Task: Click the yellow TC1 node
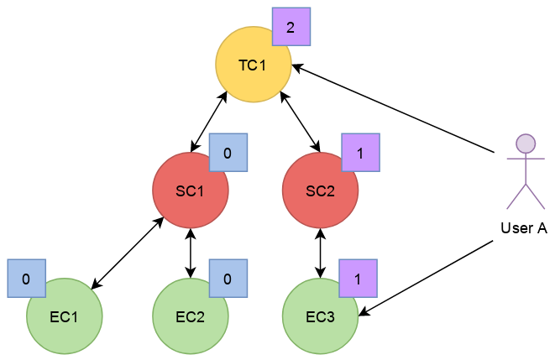(x=254, y=65)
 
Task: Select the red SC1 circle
(x=191, y=190)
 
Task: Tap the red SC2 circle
(x=321, y=190)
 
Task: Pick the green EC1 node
(x=65, y=316)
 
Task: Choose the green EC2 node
(x=191, y=316)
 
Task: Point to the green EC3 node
(x=321, y=316)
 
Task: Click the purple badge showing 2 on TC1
(x=291, y=27)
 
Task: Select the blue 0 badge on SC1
(x=228, y=153)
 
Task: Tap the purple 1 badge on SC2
(x=361, y=153)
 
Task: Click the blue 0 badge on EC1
(x=27, y=279)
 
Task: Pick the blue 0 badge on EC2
(x=228, y=279)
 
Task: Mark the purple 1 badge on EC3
(x=359, y=279)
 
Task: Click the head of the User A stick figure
(x=526, y=143)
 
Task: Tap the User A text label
(x=524, y=228)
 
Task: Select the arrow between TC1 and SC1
(x=209, y=122)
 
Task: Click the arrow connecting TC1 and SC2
(x=300, y=122)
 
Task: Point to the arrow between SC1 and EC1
(x=128, y=253)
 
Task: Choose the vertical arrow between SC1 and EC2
(x=191, y=253)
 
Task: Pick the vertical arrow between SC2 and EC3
(x=321, y=253)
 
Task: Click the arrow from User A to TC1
(x=393, y=108)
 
